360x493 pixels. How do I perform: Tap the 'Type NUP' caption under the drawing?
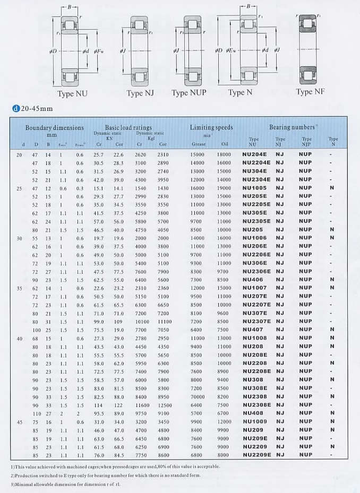(188, 93)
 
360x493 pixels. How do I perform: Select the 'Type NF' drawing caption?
(311, 92)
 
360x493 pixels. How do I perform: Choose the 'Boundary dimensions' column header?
(55, 128)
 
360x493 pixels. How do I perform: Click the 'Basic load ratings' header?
(128, 128)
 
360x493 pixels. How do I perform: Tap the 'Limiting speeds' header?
(211, 127)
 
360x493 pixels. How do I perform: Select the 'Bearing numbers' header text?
(293, 127)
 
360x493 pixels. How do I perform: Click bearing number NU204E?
(255, 154)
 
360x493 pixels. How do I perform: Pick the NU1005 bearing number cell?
(254, 188)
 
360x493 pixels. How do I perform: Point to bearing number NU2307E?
(256, 321)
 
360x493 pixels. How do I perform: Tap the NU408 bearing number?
(253, 413)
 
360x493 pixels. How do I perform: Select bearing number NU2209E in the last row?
(256, 455)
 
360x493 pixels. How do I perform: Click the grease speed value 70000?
(198, 396)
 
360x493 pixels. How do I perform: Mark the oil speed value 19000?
(224, 188)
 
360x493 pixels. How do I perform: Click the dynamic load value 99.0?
(99, 322)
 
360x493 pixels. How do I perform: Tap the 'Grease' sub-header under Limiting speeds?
(198, 144)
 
